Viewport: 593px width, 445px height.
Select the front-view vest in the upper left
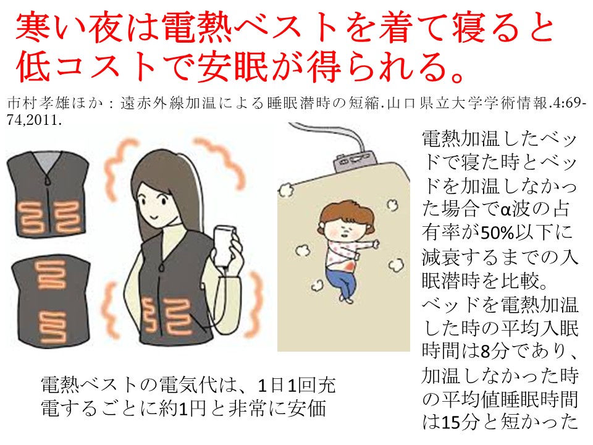pos(48,195)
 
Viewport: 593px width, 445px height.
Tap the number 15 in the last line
pos(450,422)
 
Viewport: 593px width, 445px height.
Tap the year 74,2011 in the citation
pos(34,121)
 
